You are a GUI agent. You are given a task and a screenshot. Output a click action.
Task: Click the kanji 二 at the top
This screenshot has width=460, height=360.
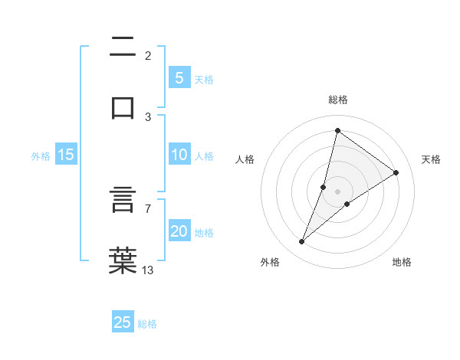(x=123, y=47)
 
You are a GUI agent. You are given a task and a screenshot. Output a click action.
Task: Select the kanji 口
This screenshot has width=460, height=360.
(x=123, y=106)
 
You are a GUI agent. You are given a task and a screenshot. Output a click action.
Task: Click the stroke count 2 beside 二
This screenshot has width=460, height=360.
(x=148, y=55)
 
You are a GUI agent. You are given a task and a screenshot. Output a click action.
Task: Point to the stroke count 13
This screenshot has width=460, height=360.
(x=148, y=269)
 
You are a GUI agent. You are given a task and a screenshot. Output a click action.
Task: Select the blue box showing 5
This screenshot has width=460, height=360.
(x=179, y=77)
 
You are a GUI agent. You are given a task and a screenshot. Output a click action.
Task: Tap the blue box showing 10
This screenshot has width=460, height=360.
(x=179, y=155)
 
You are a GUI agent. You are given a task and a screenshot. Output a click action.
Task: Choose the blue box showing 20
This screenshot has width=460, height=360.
(x=179, y=231)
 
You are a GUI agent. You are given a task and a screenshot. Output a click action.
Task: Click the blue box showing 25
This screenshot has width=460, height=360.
(x=123, y=322)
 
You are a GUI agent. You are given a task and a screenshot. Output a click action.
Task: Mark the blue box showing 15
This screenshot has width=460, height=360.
(x=66, y=155)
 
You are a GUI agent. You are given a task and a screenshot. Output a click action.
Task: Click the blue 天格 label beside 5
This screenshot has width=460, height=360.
(x=204, y=79)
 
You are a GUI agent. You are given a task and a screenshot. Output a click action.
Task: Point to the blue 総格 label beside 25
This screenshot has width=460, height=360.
(x=147, y=324)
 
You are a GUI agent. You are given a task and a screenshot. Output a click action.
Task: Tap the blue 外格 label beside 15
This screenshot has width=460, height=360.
(x=41, y=156)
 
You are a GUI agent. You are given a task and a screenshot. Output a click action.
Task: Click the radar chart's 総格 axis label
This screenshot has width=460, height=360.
(x=337, y=100)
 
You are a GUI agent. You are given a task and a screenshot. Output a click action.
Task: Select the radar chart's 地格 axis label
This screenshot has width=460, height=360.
(x=402, y=262)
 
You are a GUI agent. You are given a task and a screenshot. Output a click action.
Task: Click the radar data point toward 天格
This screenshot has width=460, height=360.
(x=396, y=172)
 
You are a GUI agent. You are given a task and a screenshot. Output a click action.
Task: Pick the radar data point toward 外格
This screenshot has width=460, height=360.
(x=302, y=242)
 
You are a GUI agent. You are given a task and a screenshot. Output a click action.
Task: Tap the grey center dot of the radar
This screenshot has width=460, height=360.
(x=337, y=191)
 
